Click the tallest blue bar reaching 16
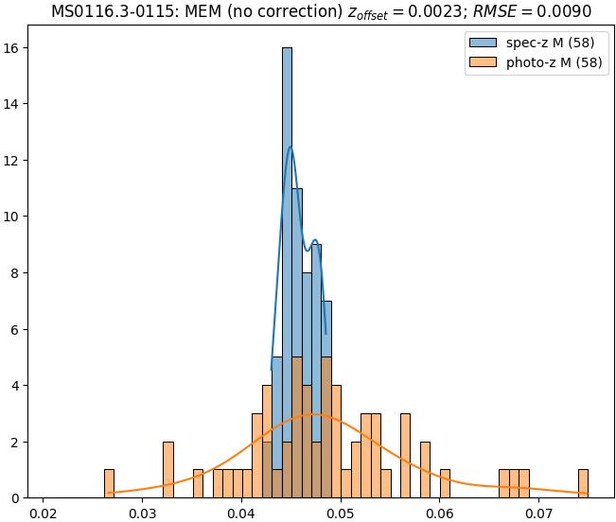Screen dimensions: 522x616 [287, 274]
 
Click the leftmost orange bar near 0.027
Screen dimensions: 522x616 [109, 483]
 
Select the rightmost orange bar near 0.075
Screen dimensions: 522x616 [583, 483]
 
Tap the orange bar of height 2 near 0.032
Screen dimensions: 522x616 [168, 470]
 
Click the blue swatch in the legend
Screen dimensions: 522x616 [482, 43]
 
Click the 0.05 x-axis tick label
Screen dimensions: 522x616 [341, 513]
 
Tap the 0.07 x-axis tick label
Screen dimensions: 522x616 [539, 513]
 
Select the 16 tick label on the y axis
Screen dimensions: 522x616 [18, 47]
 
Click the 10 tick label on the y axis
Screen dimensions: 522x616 [18, 217]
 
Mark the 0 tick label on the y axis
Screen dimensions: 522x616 [22, 497]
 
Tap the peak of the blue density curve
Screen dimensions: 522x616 [290, 148]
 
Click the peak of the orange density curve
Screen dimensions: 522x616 [315, 414]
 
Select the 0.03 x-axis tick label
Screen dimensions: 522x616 [142, 513]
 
